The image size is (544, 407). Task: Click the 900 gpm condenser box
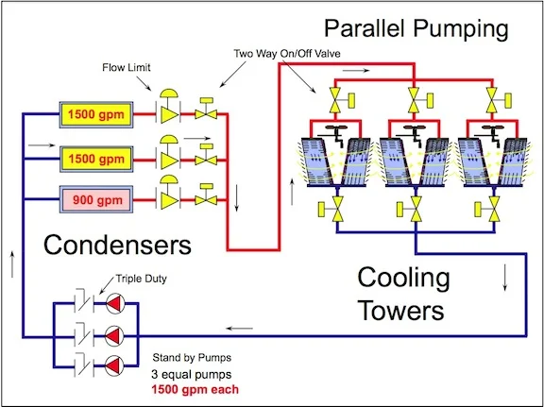pos(96,199)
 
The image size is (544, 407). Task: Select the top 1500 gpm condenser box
pos(96,114)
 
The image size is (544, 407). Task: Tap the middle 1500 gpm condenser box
pos(96,159)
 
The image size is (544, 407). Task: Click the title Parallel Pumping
pos(416,29)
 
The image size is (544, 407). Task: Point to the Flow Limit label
pos(127,67)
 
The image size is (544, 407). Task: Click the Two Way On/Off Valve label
pos(287,54)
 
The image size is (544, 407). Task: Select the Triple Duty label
pos(141,279)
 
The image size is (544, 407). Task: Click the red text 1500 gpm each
pos(195,389)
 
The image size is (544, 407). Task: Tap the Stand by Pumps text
pos(192,357)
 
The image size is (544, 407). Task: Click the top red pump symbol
pos(114,304)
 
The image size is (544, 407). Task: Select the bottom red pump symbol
pos(114,366)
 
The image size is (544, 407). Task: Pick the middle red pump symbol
pos(114,336)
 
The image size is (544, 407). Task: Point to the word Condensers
pos(117,245)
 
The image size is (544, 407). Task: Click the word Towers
pos(400,310)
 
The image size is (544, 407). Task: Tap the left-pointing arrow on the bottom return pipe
pos(239,329)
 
